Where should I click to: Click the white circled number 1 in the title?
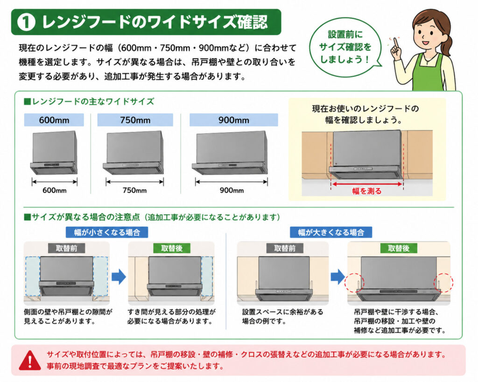point(26,22)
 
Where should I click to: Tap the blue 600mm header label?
point(54,120)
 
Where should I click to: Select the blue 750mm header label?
point(135,120)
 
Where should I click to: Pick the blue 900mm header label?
point(233,120)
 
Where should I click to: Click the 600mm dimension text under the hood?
point(55,190)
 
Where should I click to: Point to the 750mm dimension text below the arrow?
point(134,190)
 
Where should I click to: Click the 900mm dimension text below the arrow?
point(232,190)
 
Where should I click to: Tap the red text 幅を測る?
point(367,191)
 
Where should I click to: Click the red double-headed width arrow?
point(367,184)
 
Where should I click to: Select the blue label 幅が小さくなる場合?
point(107,232)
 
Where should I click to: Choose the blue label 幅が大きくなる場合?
point(331,232)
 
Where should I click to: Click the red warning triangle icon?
point(30,361)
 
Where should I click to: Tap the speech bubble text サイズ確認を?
point(345,47)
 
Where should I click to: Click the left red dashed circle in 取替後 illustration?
point(354,283)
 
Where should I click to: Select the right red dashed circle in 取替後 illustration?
point(443,283)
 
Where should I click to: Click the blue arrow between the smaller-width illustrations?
point(119,277)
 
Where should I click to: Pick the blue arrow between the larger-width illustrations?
point(338,277)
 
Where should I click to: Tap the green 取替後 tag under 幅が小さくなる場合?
point(172,248)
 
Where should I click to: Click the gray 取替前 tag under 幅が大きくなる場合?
point(284,248)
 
